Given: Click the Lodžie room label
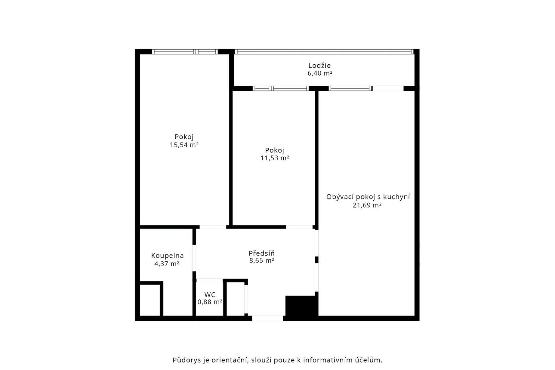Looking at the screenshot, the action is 319,66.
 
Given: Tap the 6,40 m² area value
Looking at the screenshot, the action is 320,73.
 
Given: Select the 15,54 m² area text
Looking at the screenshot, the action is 184,145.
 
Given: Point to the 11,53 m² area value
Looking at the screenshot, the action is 275,158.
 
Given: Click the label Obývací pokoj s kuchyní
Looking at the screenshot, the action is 368,197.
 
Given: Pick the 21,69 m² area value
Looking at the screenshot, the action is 367,205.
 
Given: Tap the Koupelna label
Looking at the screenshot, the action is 168,256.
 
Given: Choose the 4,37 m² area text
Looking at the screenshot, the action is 167,264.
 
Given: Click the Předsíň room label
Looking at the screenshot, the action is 262,253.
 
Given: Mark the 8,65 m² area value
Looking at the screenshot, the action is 262,261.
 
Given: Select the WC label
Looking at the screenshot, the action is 210,295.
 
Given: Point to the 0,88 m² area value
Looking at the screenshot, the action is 210,302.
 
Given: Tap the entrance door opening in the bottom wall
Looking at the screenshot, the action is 268,318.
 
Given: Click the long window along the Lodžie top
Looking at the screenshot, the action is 324,51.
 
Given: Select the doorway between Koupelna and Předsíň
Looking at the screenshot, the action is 194,258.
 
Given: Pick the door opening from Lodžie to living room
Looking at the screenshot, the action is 388,88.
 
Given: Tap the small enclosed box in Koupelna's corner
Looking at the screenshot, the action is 150,300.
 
